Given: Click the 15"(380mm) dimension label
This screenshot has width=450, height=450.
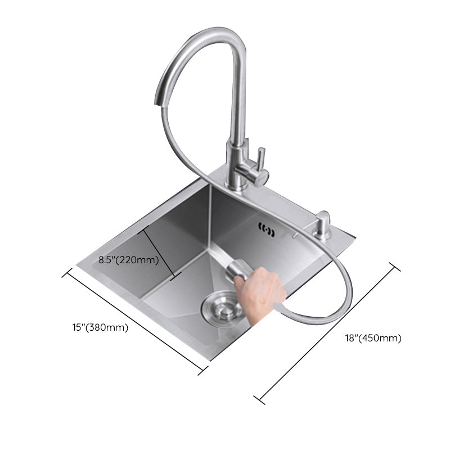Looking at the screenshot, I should (100, 327).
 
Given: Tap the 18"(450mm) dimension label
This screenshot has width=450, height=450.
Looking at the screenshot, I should (373, 339).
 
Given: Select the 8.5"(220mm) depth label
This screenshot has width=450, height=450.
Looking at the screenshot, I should (128, 260).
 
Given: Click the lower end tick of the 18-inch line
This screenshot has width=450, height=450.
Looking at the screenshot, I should (259, 399).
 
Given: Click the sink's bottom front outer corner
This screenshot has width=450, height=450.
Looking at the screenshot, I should (209, 360).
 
